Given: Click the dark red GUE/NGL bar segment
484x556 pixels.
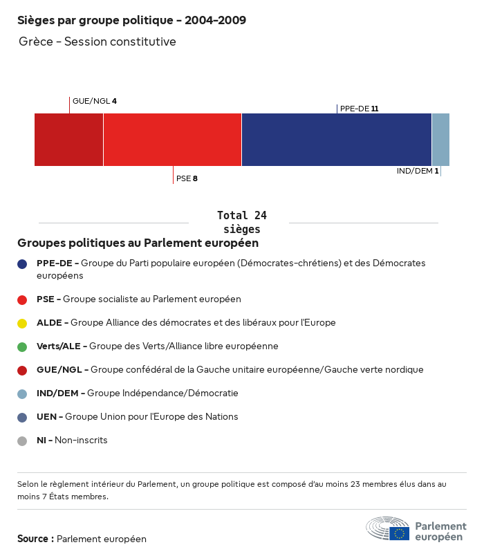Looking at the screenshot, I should tap(68, 140).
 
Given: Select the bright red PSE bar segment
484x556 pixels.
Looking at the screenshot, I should tap(172, 140).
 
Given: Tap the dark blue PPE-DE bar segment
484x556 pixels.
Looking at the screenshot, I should tap(337, 140).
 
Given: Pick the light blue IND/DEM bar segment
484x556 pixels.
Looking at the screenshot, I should tap(440, 140).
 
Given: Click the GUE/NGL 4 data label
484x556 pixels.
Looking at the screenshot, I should tap(95, 101).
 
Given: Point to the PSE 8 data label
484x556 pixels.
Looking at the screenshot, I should tap(187, 178).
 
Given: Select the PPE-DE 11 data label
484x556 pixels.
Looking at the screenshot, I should tap(360, 109).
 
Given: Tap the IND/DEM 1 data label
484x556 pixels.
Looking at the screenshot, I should tap(418, 171).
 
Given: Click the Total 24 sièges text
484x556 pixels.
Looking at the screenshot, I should tap(242, 222).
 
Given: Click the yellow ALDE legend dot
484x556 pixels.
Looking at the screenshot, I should tap(22, 323).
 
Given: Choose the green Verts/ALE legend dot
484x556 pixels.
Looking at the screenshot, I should tap(22, 346).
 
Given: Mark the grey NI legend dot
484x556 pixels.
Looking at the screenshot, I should tap(22, 441).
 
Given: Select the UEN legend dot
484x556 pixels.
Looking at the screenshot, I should tap(22, 417).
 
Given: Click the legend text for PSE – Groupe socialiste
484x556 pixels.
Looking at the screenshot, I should tap(139, 299).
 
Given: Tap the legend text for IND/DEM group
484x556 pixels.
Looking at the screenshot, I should tap(138, 393).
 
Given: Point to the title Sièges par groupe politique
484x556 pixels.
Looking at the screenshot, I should tap(131, 20).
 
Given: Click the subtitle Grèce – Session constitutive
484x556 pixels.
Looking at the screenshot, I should tap(97, 41).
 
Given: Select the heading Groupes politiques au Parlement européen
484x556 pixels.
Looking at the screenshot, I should tap(138, 243).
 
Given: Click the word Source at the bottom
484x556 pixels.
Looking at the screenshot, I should tap(35, 539).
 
